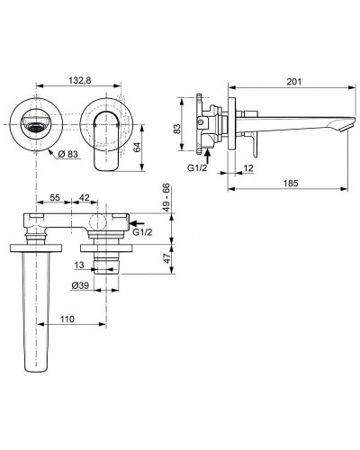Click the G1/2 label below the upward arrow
(197, 166)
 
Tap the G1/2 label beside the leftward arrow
(142, 234)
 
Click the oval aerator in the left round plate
(37, 127)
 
